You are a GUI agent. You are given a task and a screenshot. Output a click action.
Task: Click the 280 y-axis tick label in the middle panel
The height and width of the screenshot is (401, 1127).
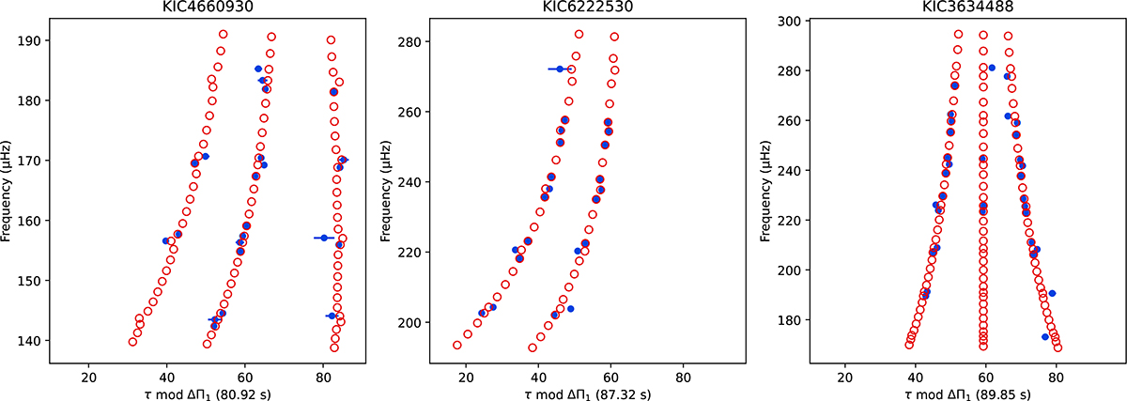click(407, 42)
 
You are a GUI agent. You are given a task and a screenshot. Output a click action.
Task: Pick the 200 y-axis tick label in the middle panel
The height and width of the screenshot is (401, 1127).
click(407, 322)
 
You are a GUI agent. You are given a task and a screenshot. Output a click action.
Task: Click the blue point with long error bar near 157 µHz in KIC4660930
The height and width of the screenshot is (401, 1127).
click(324, 238)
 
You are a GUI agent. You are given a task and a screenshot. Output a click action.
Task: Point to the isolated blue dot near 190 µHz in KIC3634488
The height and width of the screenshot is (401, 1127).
click(1053, 294)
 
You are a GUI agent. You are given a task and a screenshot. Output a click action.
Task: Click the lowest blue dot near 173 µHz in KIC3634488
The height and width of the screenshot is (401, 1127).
click(1045, 337)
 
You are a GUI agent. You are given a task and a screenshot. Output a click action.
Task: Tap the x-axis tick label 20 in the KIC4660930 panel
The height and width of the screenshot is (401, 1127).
click(88, 377)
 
